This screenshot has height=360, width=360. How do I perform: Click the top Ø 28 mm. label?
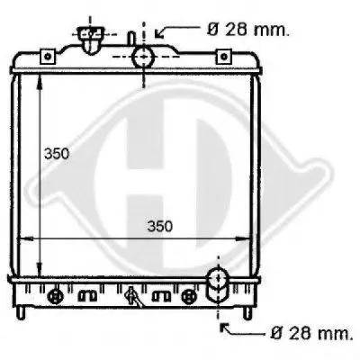click(x=248, y=30)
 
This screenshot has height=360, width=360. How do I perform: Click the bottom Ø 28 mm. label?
click(x=311, y=333)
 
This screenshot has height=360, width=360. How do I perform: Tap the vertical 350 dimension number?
click(x=57, y=154)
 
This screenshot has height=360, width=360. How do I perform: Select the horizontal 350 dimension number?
click(x=160, y=227)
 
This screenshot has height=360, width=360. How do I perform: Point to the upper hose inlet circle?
click(x=143, y=57)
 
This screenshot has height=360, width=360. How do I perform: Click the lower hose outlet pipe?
click(x=218, y=285)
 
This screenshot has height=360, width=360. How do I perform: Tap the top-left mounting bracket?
click(x=48, y=57)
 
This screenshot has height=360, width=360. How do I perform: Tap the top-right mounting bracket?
click(x=223, y=57)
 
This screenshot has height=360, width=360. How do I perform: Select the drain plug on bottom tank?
click(x=132, y=297)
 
